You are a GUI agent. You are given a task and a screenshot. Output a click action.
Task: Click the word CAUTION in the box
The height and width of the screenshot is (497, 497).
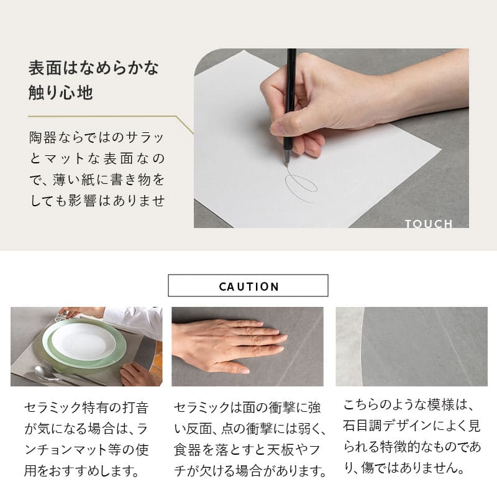[248, 286]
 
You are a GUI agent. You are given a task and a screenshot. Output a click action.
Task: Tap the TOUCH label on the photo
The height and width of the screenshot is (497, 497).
[429, 224]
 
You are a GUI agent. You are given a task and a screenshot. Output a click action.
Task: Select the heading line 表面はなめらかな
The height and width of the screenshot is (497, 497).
[94, 68]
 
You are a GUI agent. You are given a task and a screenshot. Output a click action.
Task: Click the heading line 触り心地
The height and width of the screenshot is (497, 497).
[60, 93]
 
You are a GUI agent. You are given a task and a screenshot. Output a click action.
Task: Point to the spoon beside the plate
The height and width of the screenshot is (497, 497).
[48, 373]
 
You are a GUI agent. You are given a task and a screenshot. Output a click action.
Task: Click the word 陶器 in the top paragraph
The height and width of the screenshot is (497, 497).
[43, 137]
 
